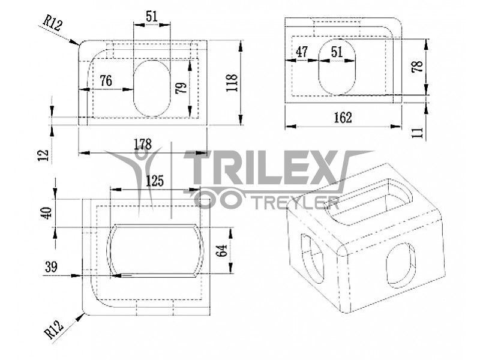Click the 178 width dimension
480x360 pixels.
143,144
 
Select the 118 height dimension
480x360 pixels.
232,83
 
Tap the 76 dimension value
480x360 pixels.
106,81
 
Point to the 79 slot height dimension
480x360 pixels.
181,88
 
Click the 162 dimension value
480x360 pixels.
343,118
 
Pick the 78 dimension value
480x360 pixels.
417,66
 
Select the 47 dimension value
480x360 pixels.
302,52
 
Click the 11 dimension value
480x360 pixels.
418,132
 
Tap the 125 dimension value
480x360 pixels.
155,181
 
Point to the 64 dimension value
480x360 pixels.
221,251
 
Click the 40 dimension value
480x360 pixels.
46,213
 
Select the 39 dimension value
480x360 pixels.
51,267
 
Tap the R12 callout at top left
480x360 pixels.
53,23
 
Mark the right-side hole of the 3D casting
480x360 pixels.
401,263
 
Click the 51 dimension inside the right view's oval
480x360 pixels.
337,52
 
